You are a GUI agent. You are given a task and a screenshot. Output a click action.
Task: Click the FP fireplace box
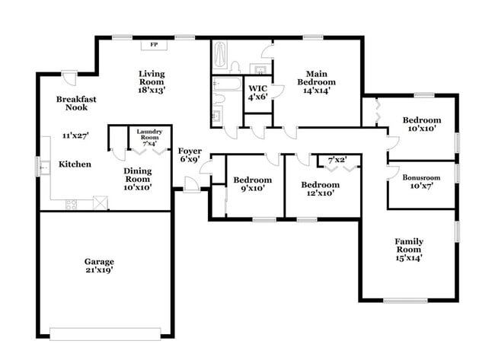pyautogui.click(x=153, y=45)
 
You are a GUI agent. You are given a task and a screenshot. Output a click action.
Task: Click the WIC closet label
pyautogui.click(x=257, y=88)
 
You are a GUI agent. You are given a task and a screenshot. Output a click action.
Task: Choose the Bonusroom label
pyautogui.click(x=422, y=177)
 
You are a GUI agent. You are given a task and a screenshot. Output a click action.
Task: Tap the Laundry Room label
pyautogui.click(x=148, y=135)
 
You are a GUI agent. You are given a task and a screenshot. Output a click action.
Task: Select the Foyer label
pyautogui.click(x=190, y=151)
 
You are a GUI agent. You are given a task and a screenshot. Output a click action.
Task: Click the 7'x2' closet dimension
pyautogui.click(x=337, y=160)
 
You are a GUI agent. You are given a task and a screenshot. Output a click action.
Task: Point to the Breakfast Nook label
pyautogui.click(x=76, y=104)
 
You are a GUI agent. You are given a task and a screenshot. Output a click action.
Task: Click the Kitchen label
pyautogui.click(x=75, y=164)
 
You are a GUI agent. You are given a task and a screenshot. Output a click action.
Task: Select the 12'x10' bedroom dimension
pyautogui.click(x=320, y=193)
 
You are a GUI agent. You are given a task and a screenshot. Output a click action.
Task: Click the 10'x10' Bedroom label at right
pyautogui.click(x=422, y=120)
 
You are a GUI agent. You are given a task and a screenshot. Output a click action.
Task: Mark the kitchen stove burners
pyautogui.click(x=73, y=203)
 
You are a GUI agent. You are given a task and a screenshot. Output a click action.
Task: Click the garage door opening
pyautogui.click(x=105, y=332)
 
